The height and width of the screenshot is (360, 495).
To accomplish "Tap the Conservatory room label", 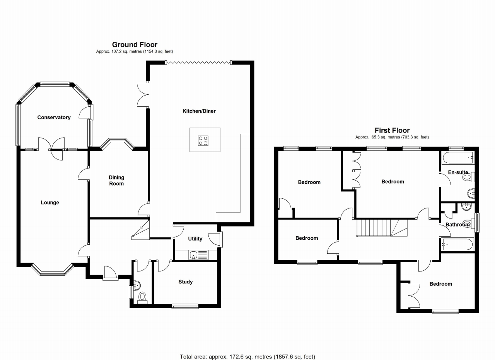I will (54, 118).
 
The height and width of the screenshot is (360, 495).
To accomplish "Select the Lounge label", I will (50, 203).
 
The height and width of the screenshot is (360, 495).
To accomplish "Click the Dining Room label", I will (116, 181).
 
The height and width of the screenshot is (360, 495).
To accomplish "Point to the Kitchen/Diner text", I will (199, 111).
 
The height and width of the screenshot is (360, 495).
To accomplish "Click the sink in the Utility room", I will (194, 254).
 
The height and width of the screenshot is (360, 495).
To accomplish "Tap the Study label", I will (186, 282).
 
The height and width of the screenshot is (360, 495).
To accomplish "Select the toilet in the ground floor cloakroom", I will (142, 297).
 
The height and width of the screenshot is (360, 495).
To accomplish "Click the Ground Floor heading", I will (135, 45).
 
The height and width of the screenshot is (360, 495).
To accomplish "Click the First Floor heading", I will (392, 131).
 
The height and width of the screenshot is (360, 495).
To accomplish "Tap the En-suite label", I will (458, 172).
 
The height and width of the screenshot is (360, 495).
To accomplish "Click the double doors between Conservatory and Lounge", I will (53, 148).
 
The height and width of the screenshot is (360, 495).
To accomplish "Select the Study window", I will (185, 306).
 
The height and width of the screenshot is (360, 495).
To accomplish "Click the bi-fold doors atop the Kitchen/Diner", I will (198, 62).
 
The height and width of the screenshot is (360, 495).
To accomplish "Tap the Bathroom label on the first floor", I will (457, 225).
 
